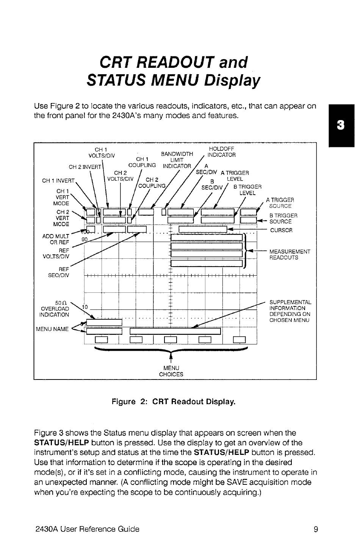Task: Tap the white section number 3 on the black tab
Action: coord(341,125)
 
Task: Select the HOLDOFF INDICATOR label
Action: coord(222,152)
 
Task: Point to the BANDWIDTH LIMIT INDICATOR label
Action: coord(177,160)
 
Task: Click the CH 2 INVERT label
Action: coord(85,167)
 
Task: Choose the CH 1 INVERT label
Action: coord(58,180)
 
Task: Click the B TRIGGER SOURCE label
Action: coord(283,219)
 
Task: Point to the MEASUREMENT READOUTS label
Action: coord(290,255)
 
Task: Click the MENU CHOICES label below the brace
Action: coord(171,371)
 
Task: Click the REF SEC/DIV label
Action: coord(58,272)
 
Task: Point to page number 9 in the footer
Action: coord(316,529)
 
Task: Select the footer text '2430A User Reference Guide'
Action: coord(87,529)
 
